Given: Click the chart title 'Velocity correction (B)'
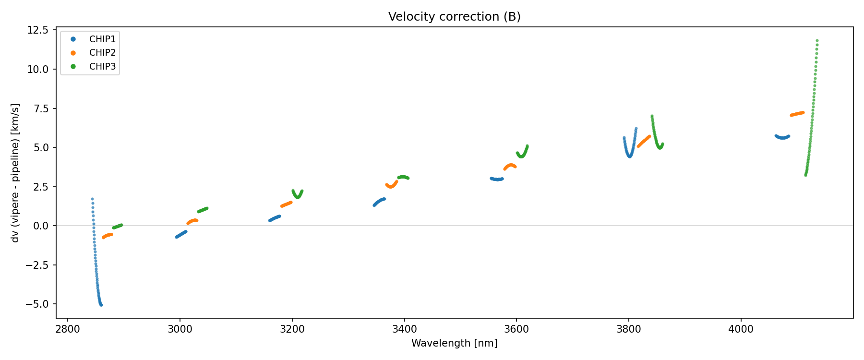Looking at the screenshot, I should tap(454, 17).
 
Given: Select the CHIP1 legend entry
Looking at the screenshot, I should tap(102, 39).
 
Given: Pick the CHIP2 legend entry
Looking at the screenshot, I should tap(102, 53).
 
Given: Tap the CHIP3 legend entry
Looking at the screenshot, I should tap(102, 67).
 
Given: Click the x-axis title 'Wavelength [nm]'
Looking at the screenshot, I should tap(454, 343).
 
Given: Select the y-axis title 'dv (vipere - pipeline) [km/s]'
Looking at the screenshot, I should tap(15, 173).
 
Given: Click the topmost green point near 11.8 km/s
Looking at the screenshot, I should tap(817, 41).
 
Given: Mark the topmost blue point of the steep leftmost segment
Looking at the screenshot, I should tap(92, 199).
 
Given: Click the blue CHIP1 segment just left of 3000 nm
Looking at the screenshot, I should tap(181, 234).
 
